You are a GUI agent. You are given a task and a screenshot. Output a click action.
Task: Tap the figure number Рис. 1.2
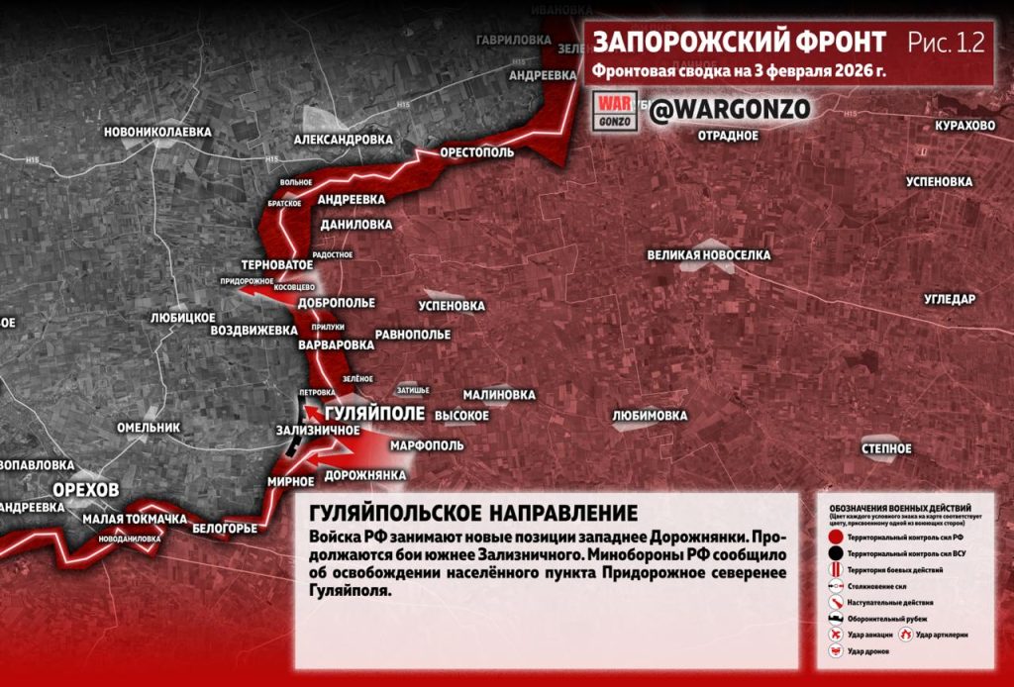pos(946,42)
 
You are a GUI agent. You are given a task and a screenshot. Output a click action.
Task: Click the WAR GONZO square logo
pos(614,110)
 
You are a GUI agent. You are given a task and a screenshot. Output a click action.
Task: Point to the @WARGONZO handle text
pos(730,109)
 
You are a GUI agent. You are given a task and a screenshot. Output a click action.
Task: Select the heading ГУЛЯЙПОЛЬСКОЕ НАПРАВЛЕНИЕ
pos(473,514)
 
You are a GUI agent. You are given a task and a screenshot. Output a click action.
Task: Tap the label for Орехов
pos(86,490)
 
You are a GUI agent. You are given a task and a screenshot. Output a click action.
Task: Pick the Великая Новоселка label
pos(708,255)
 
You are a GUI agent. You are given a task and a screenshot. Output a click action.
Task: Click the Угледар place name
pos(950,299)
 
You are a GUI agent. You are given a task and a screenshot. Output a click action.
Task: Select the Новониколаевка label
pos(157,131)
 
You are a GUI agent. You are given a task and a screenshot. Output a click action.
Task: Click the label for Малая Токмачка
pos(135,520)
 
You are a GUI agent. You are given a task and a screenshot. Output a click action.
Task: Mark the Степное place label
pos(885,449)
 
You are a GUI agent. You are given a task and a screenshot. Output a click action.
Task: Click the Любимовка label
pos(650,416)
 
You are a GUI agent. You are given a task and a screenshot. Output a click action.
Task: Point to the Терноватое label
pos(277,265)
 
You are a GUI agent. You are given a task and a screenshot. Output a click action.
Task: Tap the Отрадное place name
pos(728,135)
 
